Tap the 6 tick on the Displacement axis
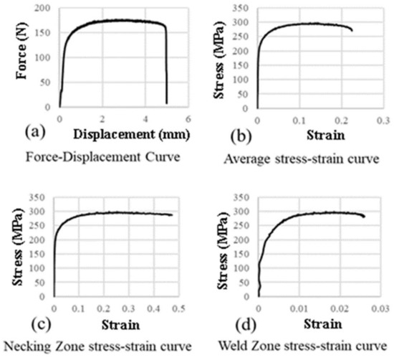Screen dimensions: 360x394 click(x=188, y=119)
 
